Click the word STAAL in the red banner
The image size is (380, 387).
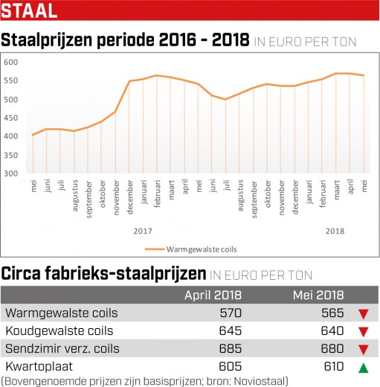tap(29, 10)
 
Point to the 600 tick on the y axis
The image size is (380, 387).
tap(11, 62)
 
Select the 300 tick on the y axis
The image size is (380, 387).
tap(11, 173)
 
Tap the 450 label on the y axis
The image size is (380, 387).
tap(11, 118)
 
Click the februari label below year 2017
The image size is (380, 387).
tap(158, 193)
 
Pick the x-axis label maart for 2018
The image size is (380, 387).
tap(336, 190)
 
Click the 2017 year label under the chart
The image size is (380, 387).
tap(143, 231)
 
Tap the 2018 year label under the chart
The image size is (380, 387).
tap(335, 231)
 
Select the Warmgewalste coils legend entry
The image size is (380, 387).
tap(191, 249)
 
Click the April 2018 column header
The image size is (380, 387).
tap(213, 295)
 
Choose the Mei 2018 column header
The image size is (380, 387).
tap(318, 295)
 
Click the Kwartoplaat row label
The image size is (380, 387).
tap(39, 366)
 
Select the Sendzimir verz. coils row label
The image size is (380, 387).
tap(62, 348)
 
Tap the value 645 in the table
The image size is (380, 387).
tap(231, 330)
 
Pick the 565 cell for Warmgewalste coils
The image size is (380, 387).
tap(332, 313)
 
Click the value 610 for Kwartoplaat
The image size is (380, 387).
tap(334, 366)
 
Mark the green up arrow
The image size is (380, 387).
tap(364, 368)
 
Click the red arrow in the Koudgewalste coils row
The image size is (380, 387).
tap(364, 332)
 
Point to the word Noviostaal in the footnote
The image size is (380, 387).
tap(260, 381)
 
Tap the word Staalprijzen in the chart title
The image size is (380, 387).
tap(47, 39)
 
